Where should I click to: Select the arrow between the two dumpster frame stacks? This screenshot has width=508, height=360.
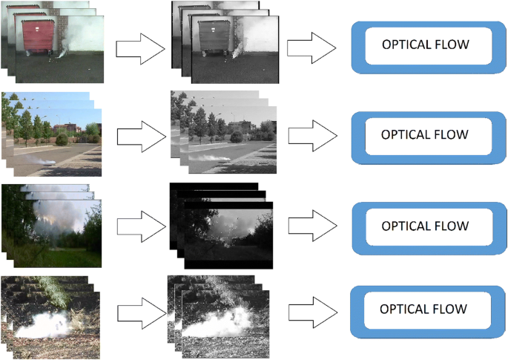139,50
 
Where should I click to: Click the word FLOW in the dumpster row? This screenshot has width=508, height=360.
452,45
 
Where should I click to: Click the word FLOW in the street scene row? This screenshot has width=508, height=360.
452,135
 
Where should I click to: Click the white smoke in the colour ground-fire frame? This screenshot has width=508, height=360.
48,324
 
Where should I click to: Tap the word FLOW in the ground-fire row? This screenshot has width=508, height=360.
450,308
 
